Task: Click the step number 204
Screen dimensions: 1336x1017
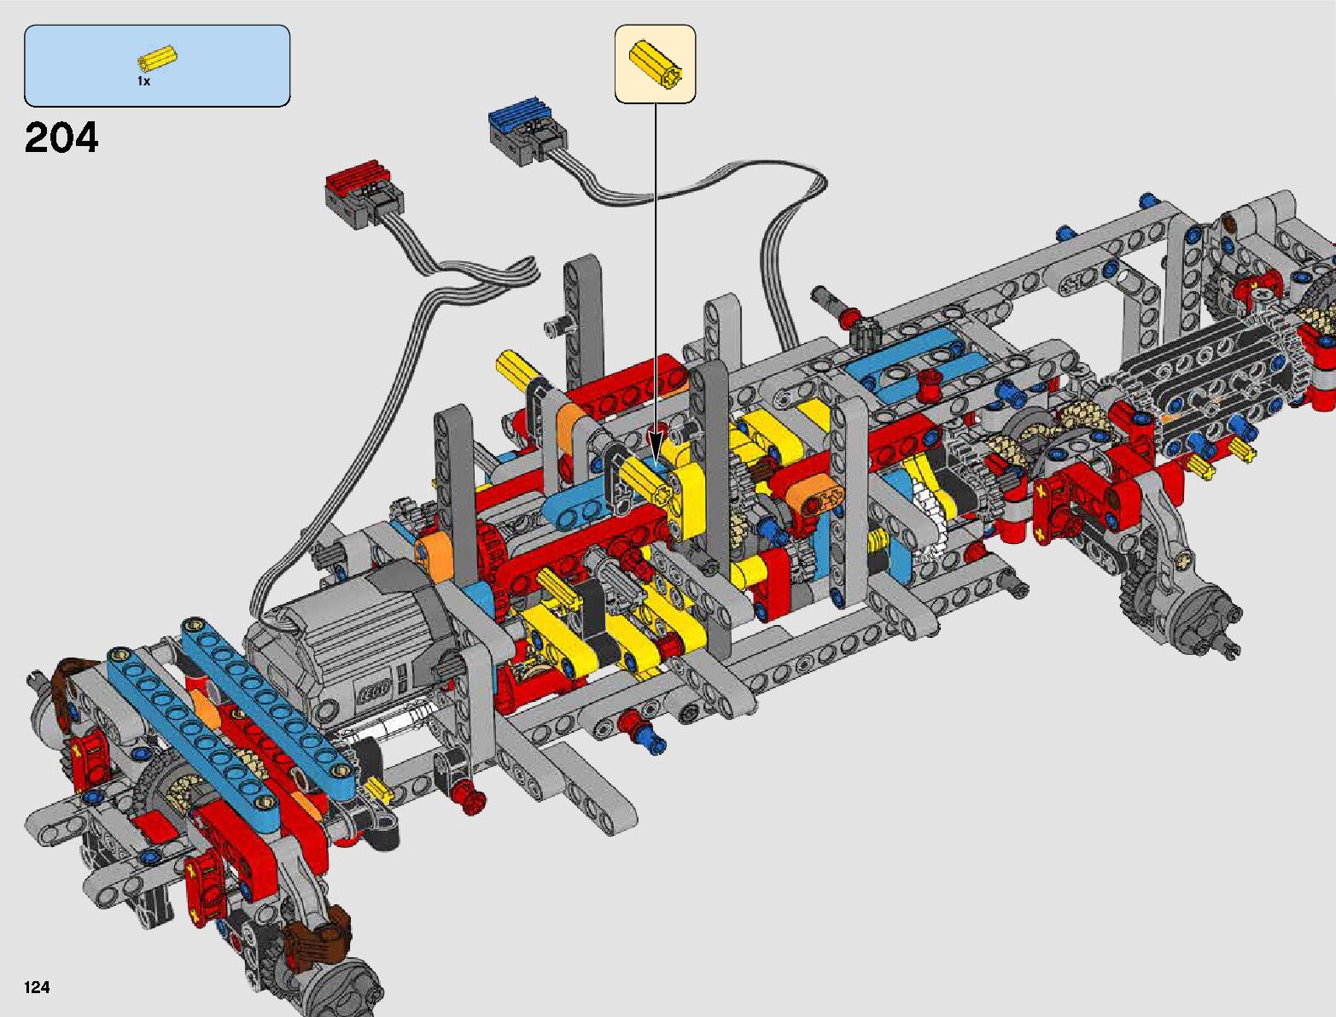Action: (61, 137)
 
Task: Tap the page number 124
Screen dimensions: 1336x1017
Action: (37, 987)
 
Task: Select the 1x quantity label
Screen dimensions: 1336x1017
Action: (143, 81)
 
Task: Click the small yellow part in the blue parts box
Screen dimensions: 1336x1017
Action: (157, 57)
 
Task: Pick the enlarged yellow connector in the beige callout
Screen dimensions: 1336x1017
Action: (656, 65)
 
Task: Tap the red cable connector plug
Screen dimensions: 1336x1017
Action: (363, 198)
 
